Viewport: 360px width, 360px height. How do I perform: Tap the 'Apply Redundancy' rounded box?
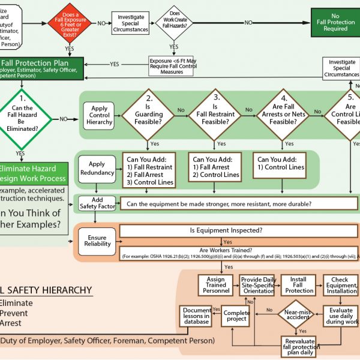pos(97,168)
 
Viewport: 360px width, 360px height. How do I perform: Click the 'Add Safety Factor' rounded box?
pos(96,203)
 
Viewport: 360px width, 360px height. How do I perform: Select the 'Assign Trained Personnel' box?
pos(215,285)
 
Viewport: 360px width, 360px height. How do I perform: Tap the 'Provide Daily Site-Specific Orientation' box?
pos(257,284)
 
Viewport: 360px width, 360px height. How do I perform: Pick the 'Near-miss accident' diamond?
pos(298,314)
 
